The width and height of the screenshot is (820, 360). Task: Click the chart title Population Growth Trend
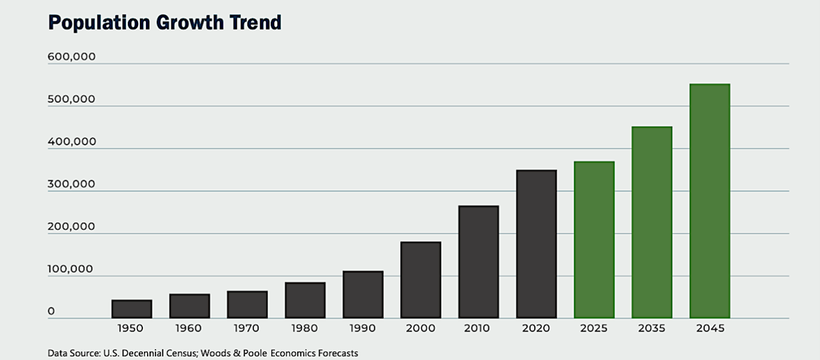(165, 22)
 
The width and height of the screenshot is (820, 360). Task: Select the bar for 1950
(131, 309)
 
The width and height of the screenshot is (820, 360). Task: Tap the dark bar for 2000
(421, 280)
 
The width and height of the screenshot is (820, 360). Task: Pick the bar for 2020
(536, 244)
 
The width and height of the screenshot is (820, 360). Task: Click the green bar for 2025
(594, 240)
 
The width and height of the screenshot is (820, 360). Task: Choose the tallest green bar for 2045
(709, 201)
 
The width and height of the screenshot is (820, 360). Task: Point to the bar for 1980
(305, 300)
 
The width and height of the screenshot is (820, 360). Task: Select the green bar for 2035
(652, 222)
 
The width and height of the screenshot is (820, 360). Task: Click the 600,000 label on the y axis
(72, 57)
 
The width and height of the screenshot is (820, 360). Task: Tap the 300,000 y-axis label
(72, 184)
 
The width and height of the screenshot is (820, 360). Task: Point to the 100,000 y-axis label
(71, 269)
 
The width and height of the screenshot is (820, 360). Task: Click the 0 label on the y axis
(52, 311)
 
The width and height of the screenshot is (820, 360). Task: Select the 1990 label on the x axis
(362, 328)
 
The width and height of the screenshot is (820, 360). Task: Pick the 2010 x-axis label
(478, 328)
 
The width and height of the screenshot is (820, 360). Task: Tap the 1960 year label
(189, 328)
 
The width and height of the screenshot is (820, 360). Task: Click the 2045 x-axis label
(709, 328)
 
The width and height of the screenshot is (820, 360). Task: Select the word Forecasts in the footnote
(337, 353)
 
